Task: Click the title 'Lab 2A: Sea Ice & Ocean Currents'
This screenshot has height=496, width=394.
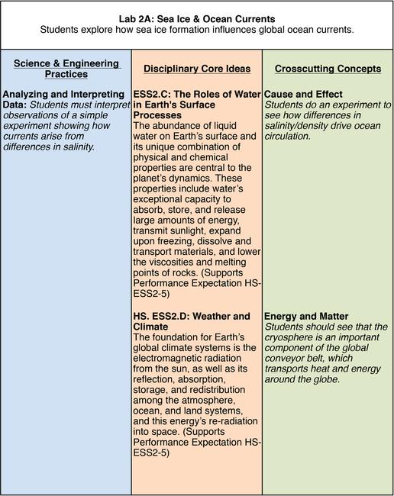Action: coord(197,17)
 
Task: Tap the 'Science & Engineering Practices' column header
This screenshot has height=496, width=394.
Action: coord(66,69)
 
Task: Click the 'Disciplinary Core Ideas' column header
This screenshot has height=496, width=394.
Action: coord(196,69)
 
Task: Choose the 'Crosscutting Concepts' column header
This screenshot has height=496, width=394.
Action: coord(328,69)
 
